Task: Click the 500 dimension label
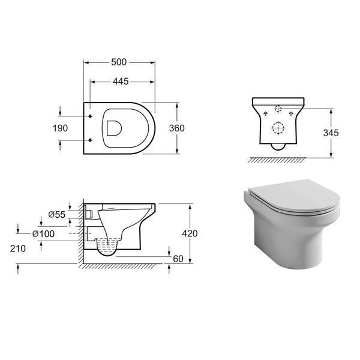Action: pyautogui.click(x=119, y=62)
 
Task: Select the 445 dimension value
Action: pyautogui.click(x=121, y=81)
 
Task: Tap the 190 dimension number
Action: pyautogui.click(x=60, y=128)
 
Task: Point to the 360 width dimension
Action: pyautogui.click(x=177, y=128)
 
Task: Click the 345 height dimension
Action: pyautogui.click(x=331, y=133)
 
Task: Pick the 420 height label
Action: pyautogui.click(x=190, y=233)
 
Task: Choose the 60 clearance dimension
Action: pyautogui.click(x=178, y=259)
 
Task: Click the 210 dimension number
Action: pyautogui.click(x=17, y=248)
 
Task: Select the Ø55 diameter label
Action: pyautogui.click(x=57, y=214)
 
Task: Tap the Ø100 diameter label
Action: pyautogui.click(x=43, y=234)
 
